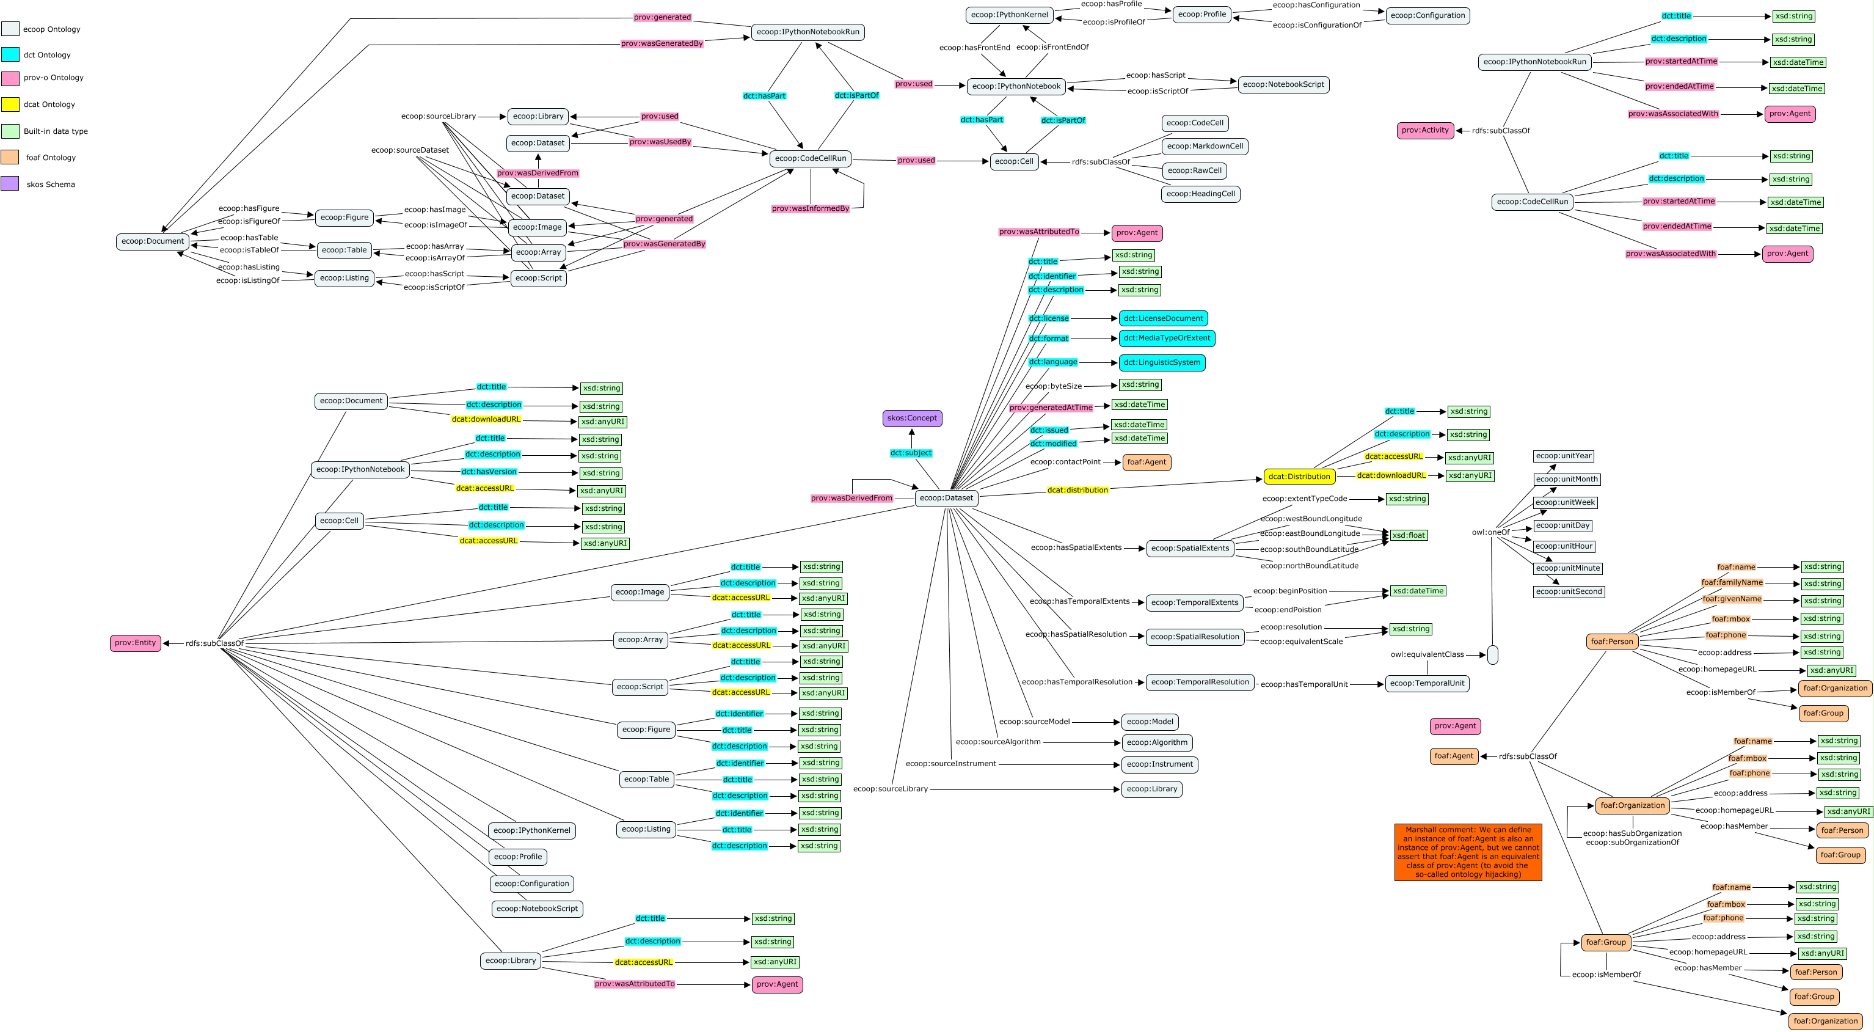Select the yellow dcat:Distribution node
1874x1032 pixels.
(1299, 477)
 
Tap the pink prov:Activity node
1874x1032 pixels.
(1424, 130)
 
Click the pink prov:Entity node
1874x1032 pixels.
(136, 643)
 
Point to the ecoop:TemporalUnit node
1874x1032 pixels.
(1427, 683)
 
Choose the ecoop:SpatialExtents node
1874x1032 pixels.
(1189, 548)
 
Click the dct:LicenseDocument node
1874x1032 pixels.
(1162, 318)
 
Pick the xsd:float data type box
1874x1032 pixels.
(1409, 535)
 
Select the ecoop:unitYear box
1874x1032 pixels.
(1563, 456)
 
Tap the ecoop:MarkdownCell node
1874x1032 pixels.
(1204, 146)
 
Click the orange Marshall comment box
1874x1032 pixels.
(1467, 852)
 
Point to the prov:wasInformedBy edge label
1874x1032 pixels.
(810, 209)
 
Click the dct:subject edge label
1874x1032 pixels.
(910, 453)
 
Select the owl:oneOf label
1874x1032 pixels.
(1490, 532)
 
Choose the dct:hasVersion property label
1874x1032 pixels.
(488, 472)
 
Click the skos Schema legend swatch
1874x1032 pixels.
(10, 183)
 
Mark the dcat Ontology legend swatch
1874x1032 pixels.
(10, 104)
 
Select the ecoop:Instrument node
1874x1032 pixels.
(1159, 764)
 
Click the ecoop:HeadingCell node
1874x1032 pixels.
(1200, 194)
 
